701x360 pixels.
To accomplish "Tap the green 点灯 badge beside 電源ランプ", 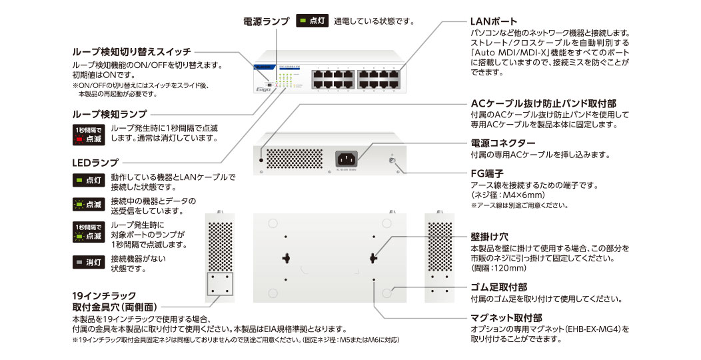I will point(312,21).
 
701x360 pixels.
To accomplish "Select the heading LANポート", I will point(494,22).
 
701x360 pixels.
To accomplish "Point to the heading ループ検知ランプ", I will point(109,114).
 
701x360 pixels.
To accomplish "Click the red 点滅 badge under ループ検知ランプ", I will point(87,135).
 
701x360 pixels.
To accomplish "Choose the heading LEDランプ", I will point(95,162).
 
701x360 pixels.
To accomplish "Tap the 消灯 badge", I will point(87,263).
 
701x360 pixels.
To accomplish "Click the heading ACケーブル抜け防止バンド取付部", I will point(543,104).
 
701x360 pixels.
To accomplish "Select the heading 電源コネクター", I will point(502,143).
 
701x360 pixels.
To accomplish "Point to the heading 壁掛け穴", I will point(489,237).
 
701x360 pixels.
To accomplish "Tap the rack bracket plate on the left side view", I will point(220,284).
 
